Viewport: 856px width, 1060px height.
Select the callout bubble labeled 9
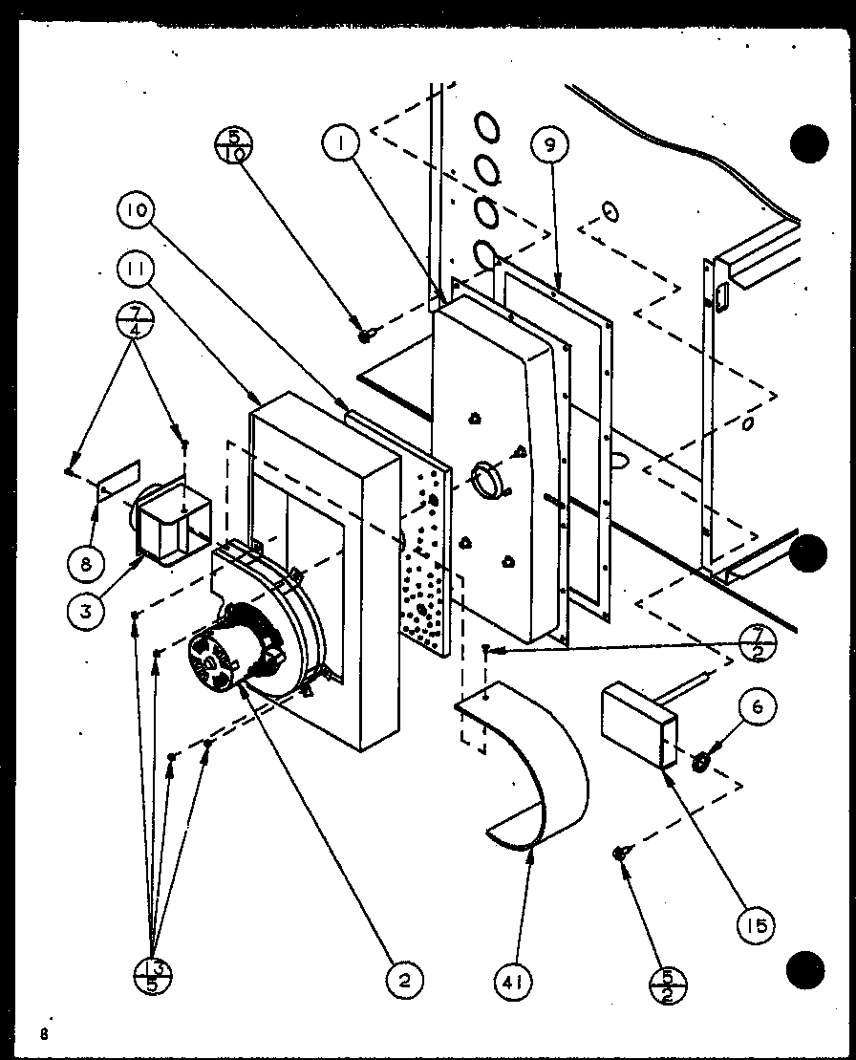pyautogui.click(x=548, y=147)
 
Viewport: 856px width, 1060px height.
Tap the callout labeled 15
pyautogui.click(x=755, y=924)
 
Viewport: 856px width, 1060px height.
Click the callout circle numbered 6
pyautogui.click(x=757, y=708)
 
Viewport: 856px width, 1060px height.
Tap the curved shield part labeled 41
pyautogui.click(x=535, y=765)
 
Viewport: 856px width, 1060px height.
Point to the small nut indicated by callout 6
pyautogui.click(x=699, y=762)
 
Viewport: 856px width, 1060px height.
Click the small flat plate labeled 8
pyautogui.click(x=119, y=479)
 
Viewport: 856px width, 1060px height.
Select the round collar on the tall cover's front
pyautogui.click(x=487, y=480)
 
